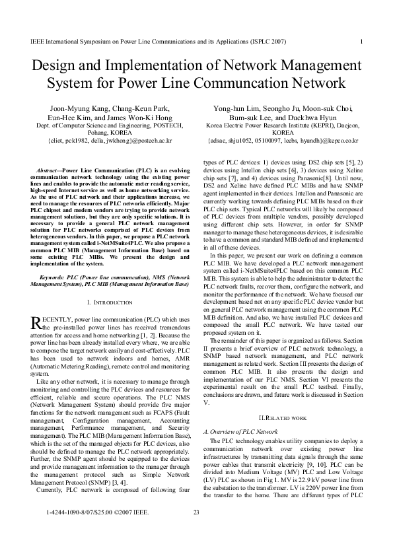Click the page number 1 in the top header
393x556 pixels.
[363, 41]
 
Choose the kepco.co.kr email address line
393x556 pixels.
[283, 141]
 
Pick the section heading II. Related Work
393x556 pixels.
[282, 419]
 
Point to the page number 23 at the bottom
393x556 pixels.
[196, 530]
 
